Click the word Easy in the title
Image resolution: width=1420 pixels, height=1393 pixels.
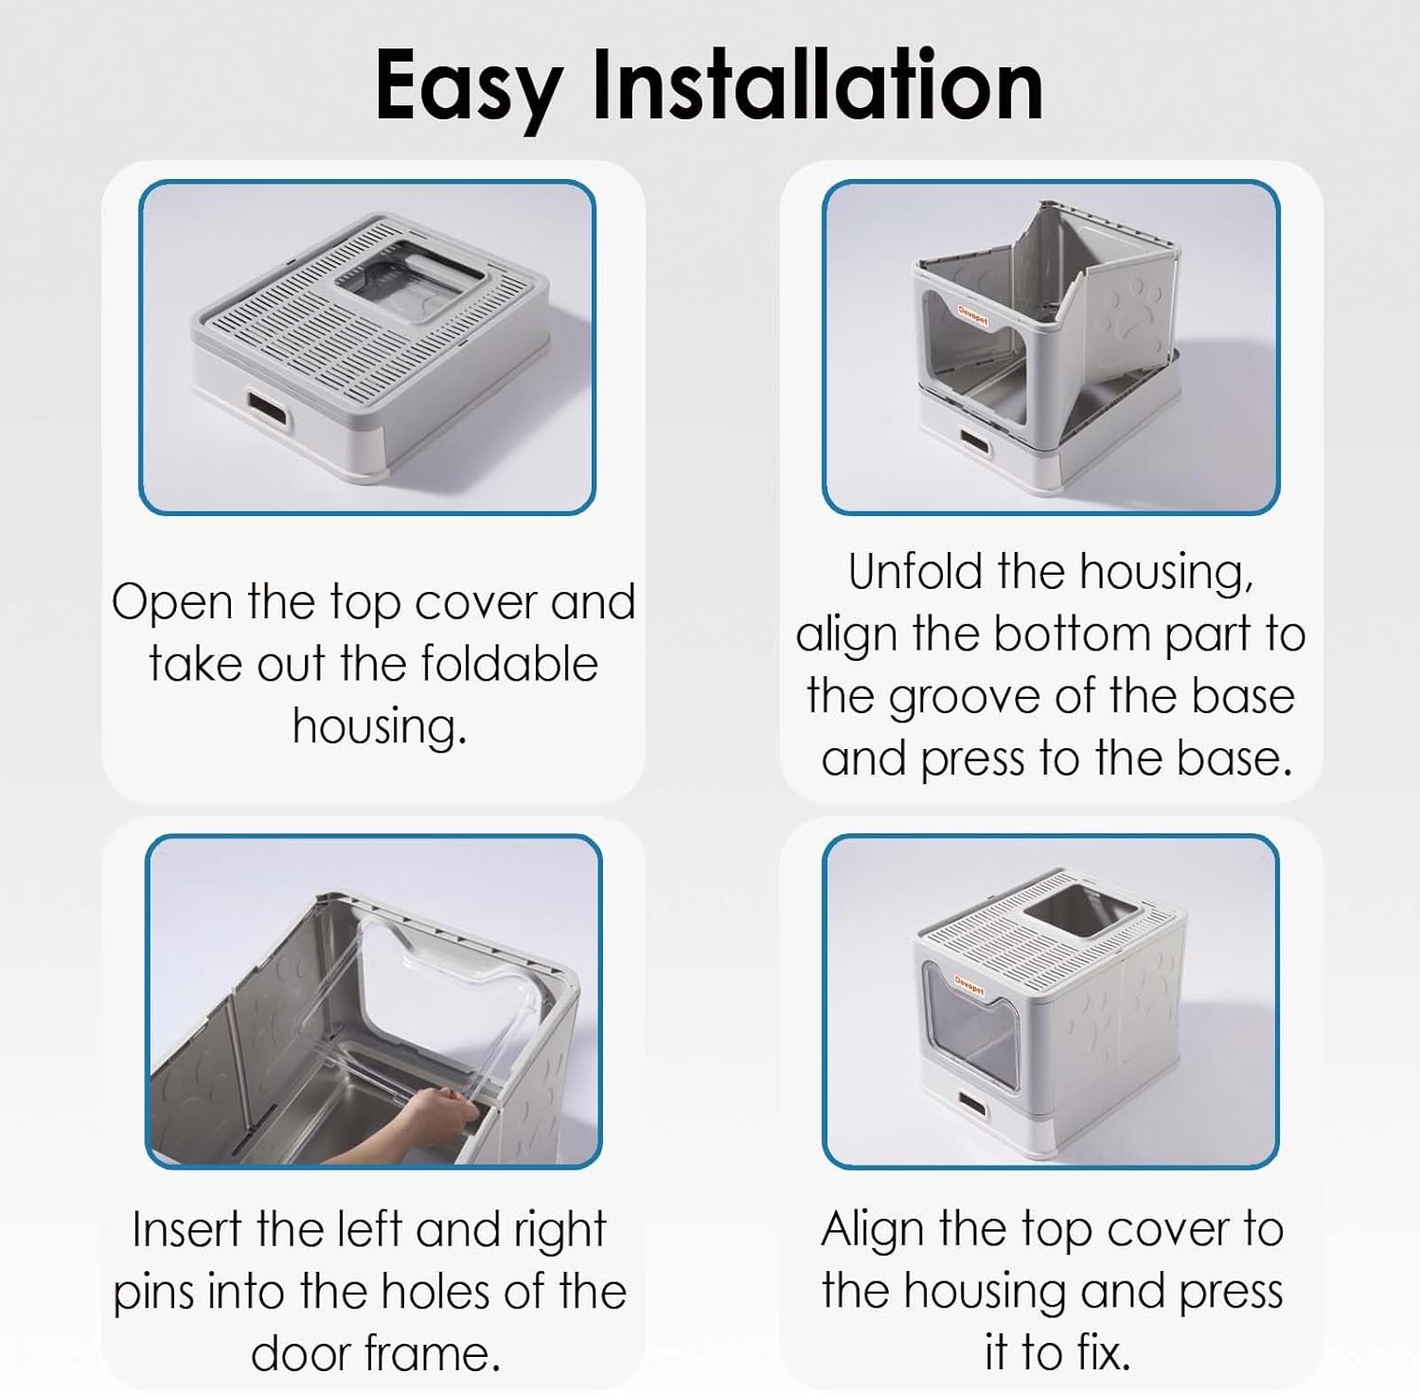(470, 87)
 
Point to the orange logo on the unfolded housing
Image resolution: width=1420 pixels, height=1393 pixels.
(971, 318)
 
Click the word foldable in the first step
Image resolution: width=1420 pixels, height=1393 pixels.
(509, 664)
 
